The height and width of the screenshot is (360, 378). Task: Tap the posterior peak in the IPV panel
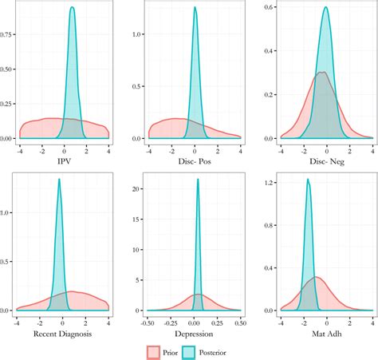pyautogui.click(x=73, y=8)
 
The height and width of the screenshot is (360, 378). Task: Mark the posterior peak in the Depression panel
pyautogui.click(x=198, y=180)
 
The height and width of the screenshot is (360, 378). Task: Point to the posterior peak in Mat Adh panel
pyautogui.click(x=308, y=180)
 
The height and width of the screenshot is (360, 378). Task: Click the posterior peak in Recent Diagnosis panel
pyautogui.click(x=59, y=180)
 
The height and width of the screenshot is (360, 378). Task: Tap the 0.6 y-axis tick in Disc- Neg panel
pyautogui.click(x=268, y=7)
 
